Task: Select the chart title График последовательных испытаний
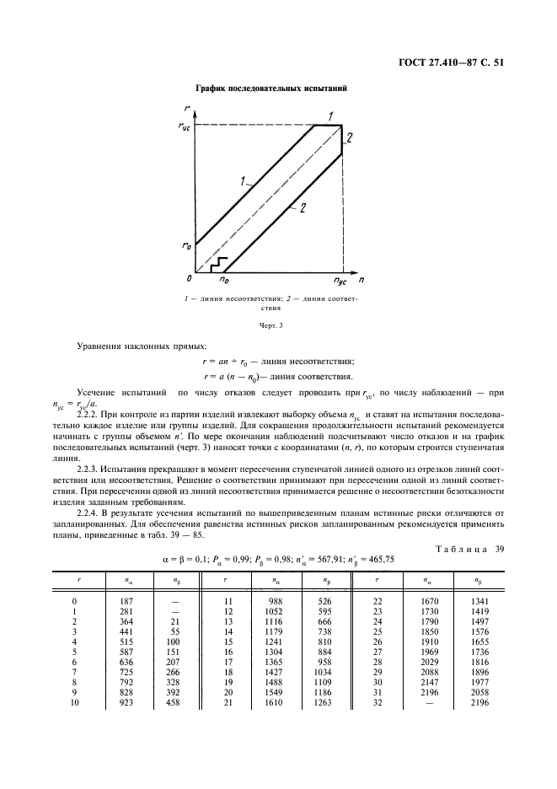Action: tap(271, 89)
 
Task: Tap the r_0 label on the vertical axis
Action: tap(185, 244)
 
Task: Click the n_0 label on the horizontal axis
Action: tap(224, 278)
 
